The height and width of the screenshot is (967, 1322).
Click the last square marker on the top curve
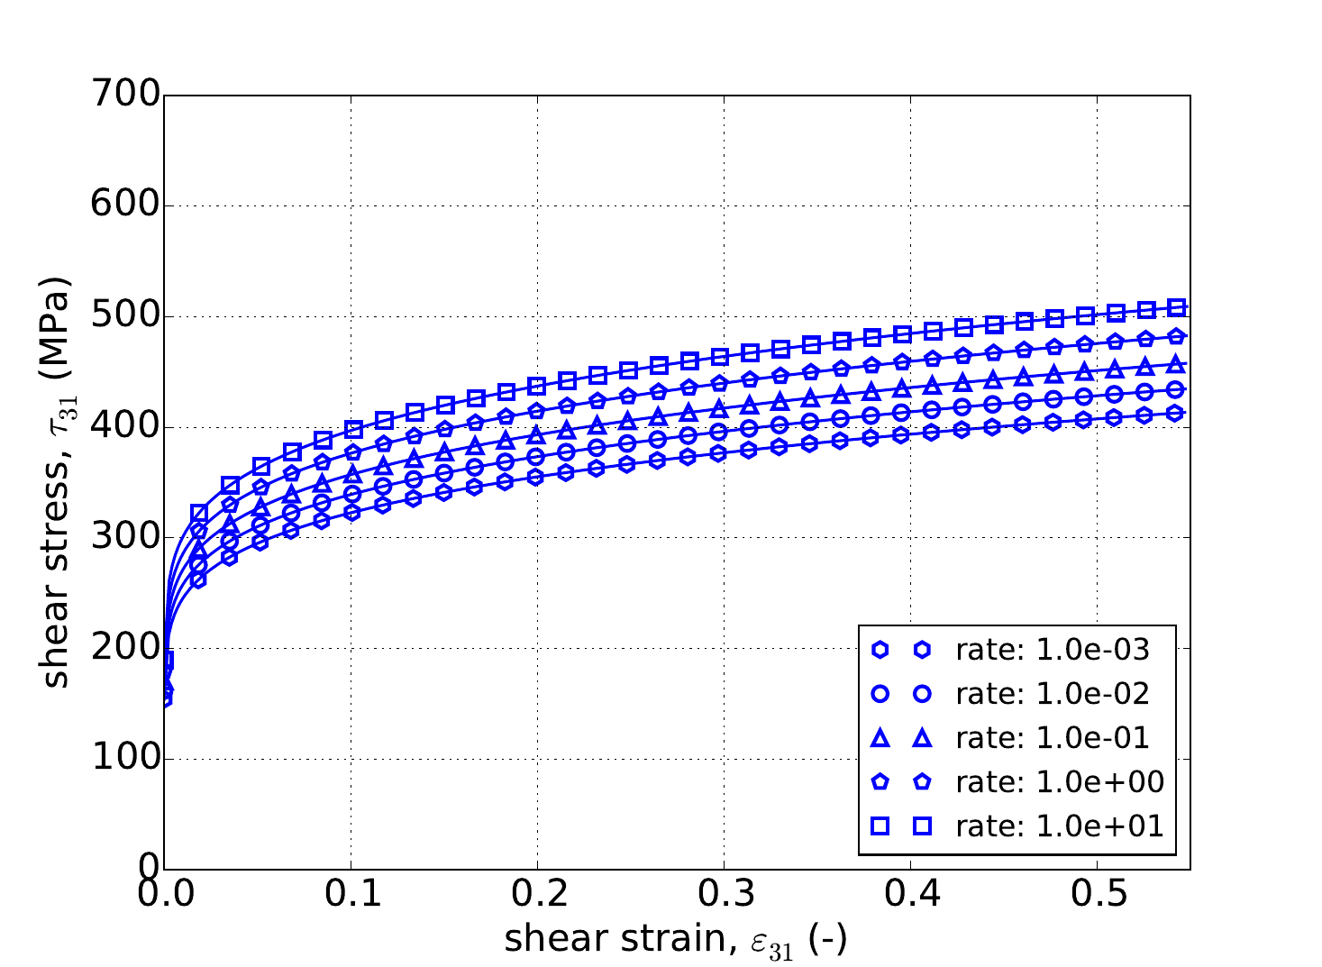tap(1176, 307)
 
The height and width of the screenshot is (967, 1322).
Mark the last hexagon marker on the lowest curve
tap(1174, 413)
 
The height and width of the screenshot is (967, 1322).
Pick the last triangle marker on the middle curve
tap(1175, 364)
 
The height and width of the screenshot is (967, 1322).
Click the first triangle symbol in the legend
tap(880, 738)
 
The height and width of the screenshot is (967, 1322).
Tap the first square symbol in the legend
tap(880, 826)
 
